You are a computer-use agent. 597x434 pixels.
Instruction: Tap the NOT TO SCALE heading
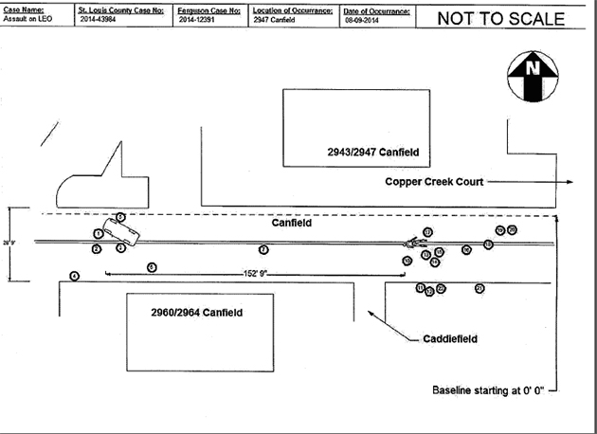(500, 18)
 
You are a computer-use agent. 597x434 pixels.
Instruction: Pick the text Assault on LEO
(27, 19)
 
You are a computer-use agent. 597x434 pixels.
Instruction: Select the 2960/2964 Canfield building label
(196, 312)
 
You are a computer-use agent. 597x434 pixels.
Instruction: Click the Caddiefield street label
(449, 338)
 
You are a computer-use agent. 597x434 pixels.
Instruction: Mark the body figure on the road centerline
(412, 243)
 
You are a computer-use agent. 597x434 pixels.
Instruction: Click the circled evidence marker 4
(75, 276)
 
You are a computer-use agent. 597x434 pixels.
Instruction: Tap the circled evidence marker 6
(152, 267)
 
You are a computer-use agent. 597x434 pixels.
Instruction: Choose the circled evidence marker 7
(263, 249)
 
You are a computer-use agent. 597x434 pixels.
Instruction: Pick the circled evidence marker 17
(428, 231)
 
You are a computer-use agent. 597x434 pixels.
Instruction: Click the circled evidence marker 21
(479, 288)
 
